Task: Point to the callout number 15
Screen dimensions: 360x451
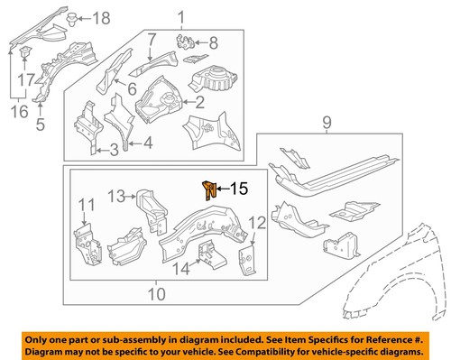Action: click(238, 189)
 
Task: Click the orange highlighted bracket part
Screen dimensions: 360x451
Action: click(208, 189)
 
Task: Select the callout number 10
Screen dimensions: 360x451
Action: click(156, 293)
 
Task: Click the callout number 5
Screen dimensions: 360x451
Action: click(40, 125)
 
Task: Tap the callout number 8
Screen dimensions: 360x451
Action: click(214, 42)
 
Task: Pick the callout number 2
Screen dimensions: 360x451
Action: click(199, 104)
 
